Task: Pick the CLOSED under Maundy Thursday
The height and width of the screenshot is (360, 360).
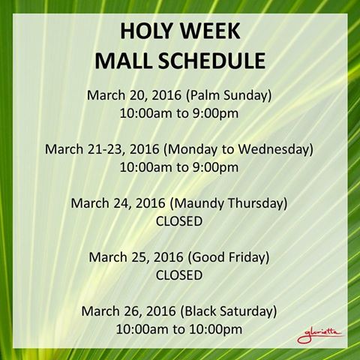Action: [179, 221]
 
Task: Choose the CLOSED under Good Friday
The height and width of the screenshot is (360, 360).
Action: [179, 275]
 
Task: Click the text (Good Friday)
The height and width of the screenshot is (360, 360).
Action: [229, 257]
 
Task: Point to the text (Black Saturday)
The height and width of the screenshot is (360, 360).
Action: [230, 310]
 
